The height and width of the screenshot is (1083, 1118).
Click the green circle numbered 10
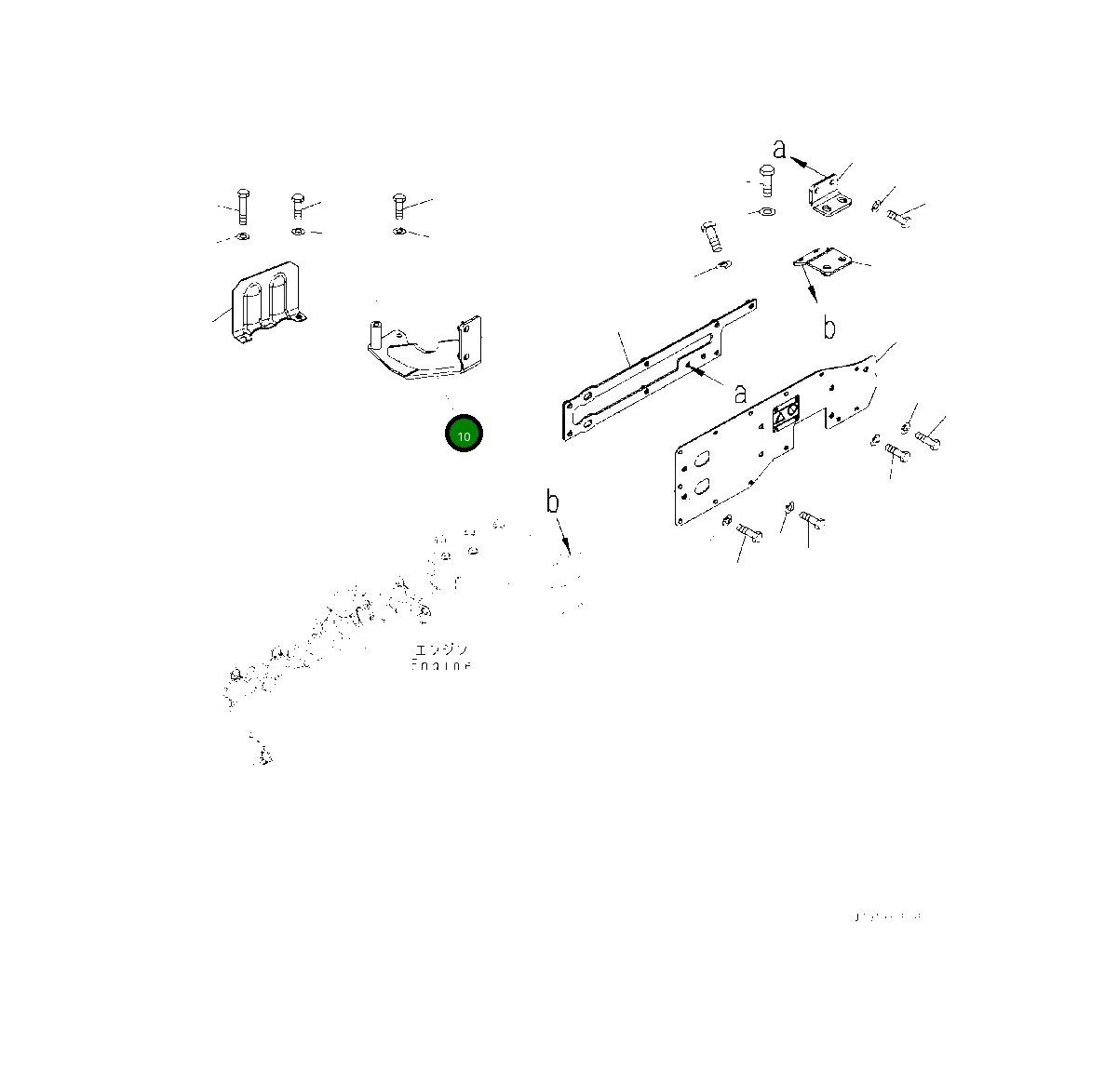pos(465,435)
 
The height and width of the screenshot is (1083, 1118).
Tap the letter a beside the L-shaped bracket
pos(780,148)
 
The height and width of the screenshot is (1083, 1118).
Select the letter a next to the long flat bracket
pos(740,394)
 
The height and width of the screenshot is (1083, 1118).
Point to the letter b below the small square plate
pos(828,328)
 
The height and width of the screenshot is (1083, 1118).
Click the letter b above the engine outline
pos(553,502)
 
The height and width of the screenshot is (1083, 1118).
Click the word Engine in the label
pos(441,666)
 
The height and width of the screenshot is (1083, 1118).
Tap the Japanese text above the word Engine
pos(441,649)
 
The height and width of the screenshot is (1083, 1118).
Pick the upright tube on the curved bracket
pos(376,333)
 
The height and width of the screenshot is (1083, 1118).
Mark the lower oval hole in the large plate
pos(703,487)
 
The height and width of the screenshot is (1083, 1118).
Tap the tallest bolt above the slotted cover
pos(242,205)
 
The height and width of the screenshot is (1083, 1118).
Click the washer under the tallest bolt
pos(242,235)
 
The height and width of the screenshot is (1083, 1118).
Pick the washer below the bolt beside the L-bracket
pos(765,212)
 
